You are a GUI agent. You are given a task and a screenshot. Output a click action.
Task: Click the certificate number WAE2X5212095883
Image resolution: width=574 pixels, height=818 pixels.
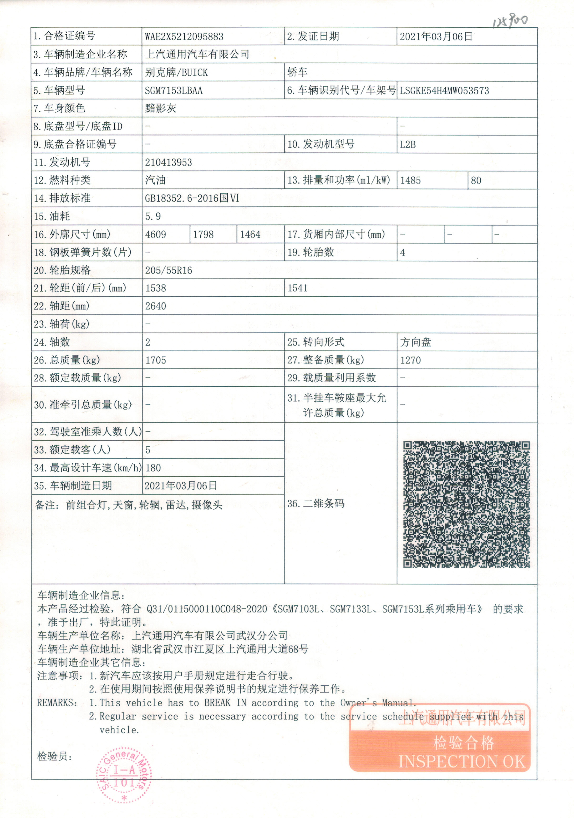coord(184,37)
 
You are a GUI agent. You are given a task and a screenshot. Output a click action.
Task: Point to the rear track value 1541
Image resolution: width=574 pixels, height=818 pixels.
coord(297,288)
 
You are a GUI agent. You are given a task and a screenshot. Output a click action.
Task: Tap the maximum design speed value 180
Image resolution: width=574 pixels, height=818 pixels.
coord(153,468)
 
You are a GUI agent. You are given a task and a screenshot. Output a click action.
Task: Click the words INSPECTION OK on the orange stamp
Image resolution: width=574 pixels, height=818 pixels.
coord(462,762)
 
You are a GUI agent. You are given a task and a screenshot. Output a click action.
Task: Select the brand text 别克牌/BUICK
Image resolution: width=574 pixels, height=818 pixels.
coord(176,73)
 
